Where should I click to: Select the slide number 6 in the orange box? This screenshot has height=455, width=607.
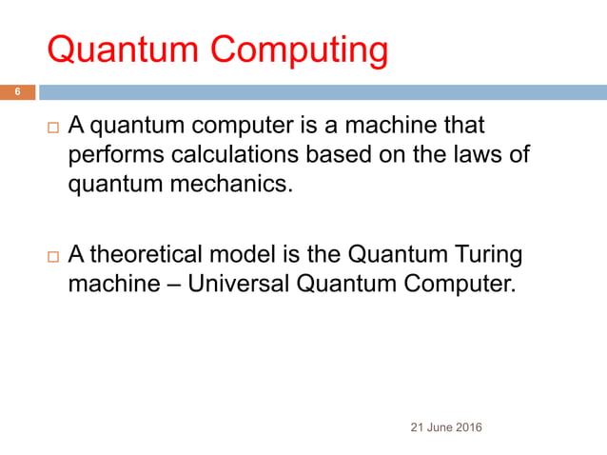click(16, 92)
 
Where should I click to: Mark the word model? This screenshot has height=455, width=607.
click(251, 254)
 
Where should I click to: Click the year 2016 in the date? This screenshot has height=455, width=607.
click(465, 427)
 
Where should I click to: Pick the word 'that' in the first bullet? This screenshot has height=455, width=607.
click(464, 127)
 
